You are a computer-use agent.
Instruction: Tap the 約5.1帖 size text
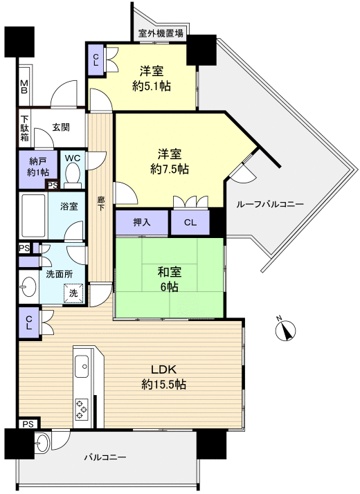coord(152,86)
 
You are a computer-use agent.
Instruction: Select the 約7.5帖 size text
coord(170,168)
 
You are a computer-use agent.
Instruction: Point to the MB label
coord(24,86)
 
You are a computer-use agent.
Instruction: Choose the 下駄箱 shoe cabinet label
coord(24,127)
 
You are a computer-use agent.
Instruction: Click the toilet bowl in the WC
coord(73,178)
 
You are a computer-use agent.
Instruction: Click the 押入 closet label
coord(142,223)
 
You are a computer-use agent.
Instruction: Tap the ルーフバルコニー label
coord(269,204)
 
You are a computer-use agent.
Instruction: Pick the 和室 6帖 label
coord(169,279)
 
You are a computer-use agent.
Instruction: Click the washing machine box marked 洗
coord(73,293)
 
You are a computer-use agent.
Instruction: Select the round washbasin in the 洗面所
coord(28,286)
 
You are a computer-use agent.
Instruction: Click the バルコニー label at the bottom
coord(105,457)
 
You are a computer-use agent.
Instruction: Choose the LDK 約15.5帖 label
coord(163,376)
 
